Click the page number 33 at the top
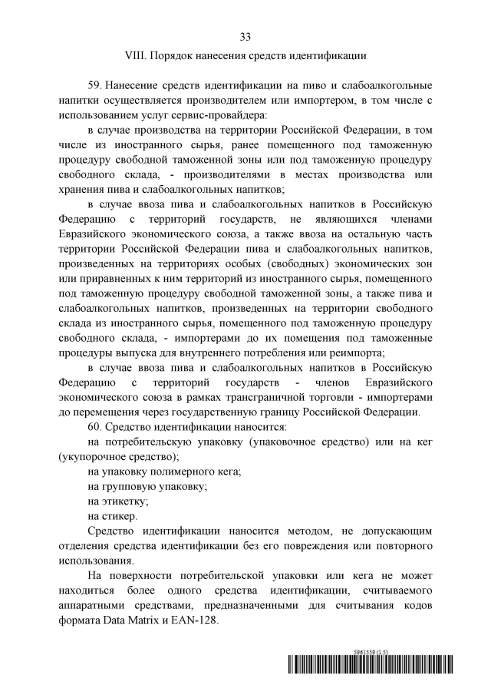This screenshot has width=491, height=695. pos(245,36)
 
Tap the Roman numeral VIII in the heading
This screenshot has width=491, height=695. pos(135,55)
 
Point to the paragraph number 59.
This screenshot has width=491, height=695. pos(96,84)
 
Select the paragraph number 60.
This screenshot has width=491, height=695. pos(96,426)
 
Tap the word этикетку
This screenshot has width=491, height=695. pos(126,501)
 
